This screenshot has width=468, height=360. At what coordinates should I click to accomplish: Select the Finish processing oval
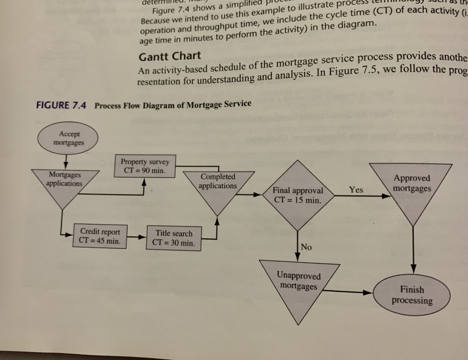pos(412,295)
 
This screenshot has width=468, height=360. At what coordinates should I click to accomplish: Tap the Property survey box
pos(145,166)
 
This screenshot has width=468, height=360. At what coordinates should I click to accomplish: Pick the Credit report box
pos(99,236)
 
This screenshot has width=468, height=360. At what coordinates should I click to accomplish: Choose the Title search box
pos(173,238)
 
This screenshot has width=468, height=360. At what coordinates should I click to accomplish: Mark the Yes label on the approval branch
pos(356,190)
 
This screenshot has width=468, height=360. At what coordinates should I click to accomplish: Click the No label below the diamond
pos(306,247)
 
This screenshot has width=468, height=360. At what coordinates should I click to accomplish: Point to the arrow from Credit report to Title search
pos(137,237)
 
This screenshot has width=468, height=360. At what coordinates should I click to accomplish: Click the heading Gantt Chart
pos(170,56)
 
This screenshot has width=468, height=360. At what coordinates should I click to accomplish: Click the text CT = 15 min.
pos(297,199)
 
